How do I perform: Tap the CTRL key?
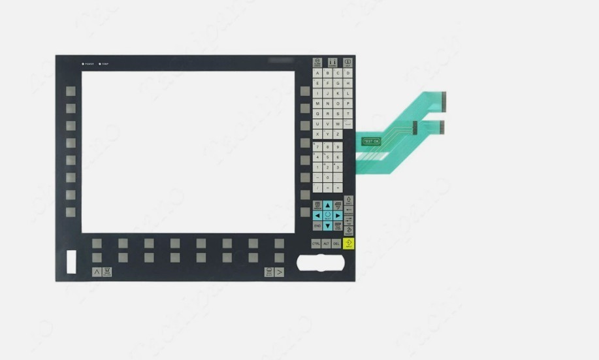[x=316, y=244]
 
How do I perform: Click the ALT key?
[x=327, y=244]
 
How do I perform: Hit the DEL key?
[x=336, y=244]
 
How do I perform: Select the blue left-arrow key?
[x=317, y=215]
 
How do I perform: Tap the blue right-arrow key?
[x=338, y=215]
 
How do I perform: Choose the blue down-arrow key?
[x=327, y=225]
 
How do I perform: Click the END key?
[x=317, y=225]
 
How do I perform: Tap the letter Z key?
[x=338, y=134]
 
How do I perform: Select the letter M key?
[x=317, y=103]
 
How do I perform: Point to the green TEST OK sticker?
[x=370, y=141]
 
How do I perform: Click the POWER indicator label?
[x=88, y=64]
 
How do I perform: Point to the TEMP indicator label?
[x=105, y=64]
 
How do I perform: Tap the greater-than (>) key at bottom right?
[x=280, y=272]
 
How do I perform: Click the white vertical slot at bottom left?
[x=71, y=261]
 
